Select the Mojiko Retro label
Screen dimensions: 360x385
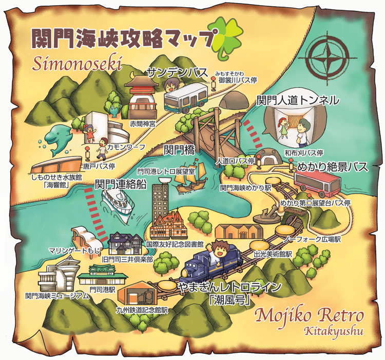[310, 314]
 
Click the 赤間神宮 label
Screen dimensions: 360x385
[142, 124]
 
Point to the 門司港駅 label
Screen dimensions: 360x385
[102, 289]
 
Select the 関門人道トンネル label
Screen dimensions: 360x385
[298, 99]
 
